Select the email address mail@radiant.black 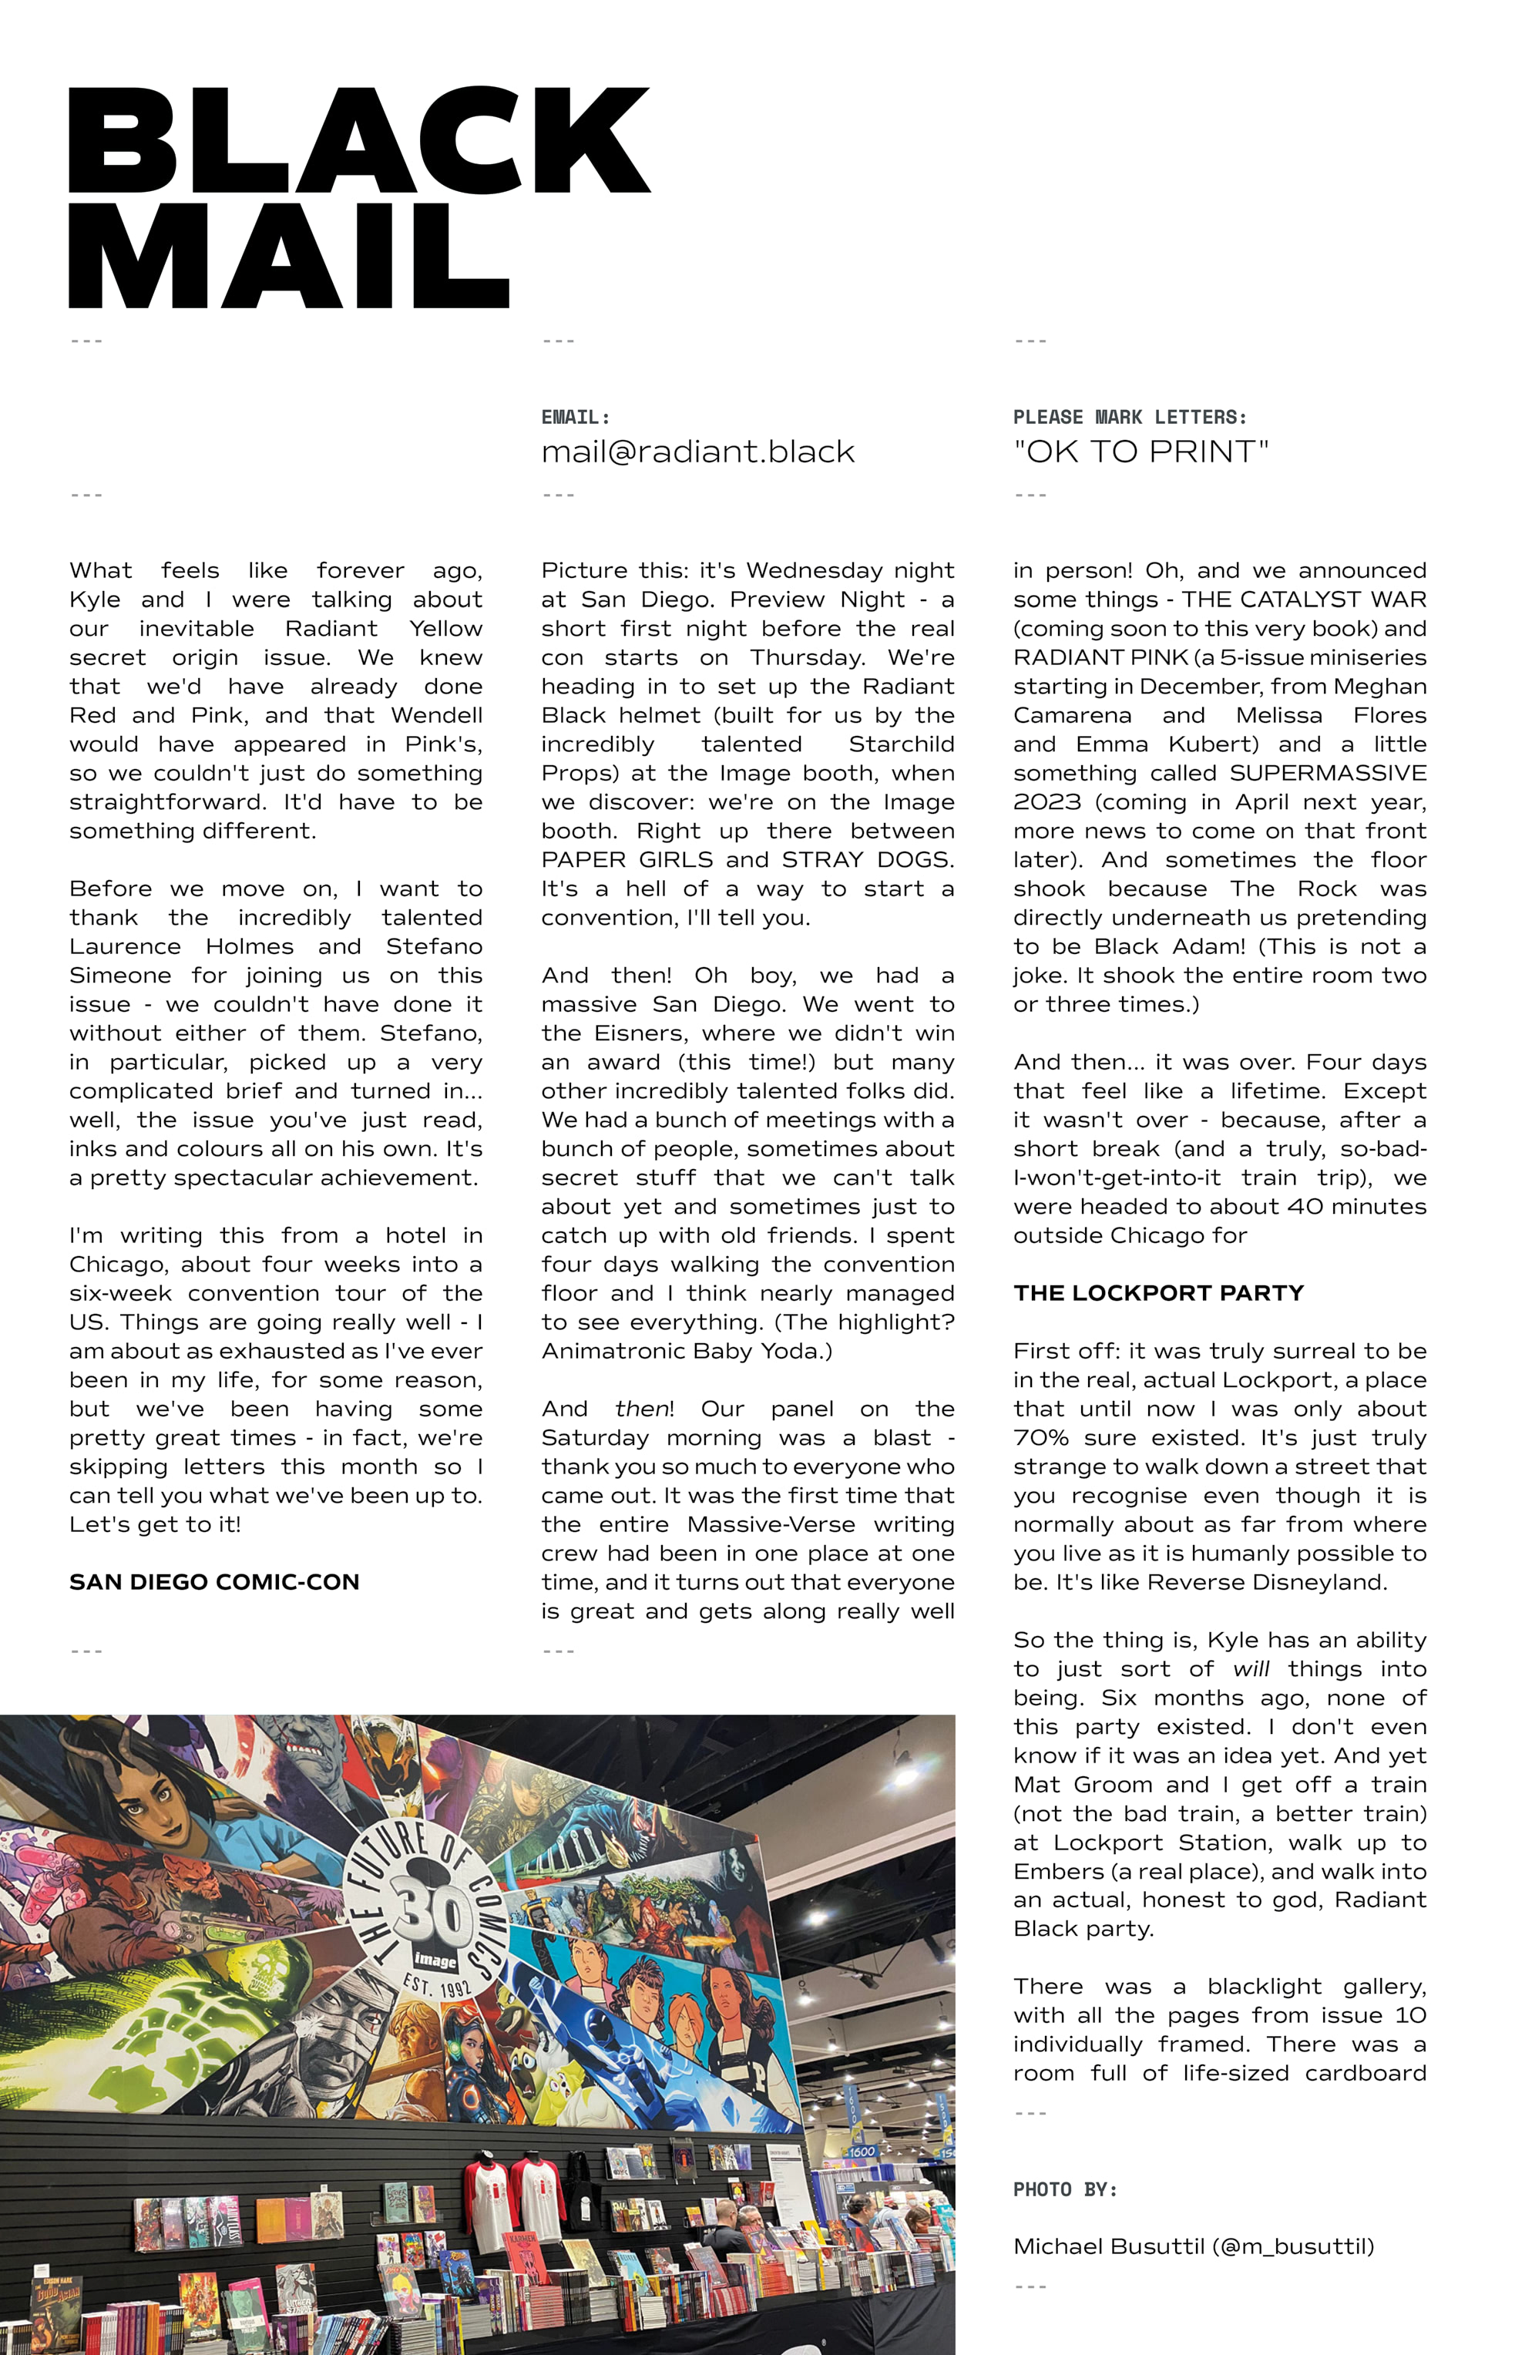697,452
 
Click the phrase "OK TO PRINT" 1140,452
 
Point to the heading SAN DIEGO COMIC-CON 213,1582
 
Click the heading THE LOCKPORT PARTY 1158,1293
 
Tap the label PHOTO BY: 1065,2190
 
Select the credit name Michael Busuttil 1108,2246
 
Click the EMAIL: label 575,418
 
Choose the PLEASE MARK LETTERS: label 1129,418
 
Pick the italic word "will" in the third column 1251,1669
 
